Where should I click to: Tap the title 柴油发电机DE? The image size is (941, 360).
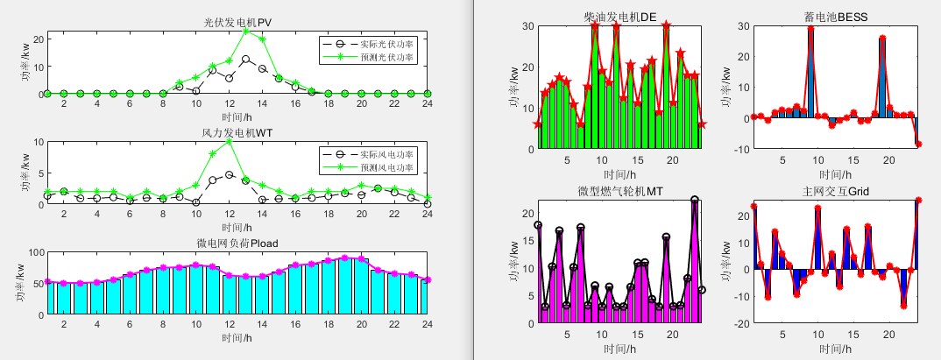(x=619, y=17)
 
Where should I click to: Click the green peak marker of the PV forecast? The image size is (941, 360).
(x=246, y=31)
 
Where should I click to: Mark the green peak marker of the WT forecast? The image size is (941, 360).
(x=230, y=140)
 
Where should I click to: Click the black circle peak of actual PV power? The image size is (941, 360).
(x=246, y=59)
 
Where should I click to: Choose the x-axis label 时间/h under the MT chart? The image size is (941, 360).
(x=619, y=349)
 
